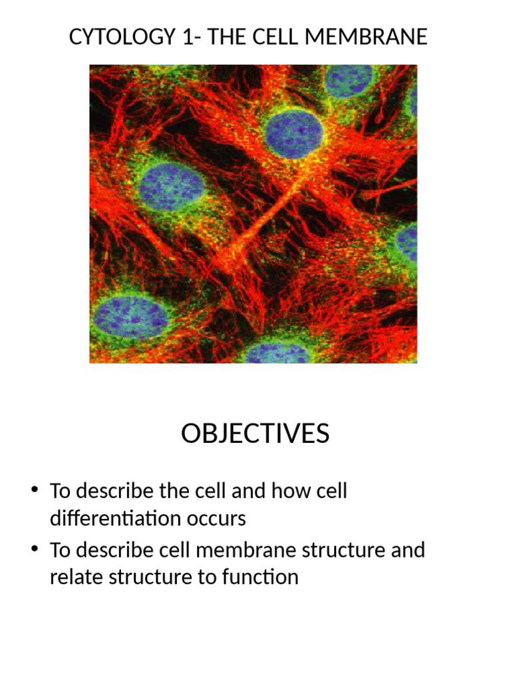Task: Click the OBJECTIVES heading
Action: (255, 434)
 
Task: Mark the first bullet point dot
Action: (34, 492)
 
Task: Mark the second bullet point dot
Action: (34, 551)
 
